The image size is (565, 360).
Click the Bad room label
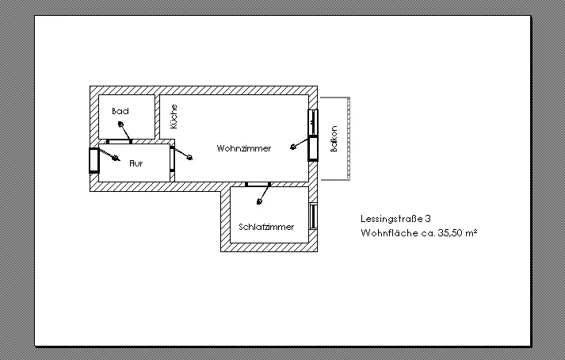point(120,111)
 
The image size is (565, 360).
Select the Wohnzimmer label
point(244,148)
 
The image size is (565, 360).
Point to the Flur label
point(136,163)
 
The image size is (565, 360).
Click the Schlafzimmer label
point(266,227)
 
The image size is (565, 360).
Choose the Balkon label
point(334,140)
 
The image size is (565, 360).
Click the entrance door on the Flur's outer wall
point(94,160)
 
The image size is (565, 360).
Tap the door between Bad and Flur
point(120,141)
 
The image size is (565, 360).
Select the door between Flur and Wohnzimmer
point(172,159)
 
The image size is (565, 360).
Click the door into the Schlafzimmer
point(258,184)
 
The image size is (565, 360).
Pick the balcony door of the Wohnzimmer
point(313,147)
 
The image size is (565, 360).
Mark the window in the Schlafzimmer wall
point(313,216)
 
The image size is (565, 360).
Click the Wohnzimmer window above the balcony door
point(313,122)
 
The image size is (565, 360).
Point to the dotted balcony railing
point(348,138)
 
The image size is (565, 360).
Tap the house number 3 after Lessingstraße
point(428,218)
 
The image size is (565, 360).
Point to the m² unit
point(470,233)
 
